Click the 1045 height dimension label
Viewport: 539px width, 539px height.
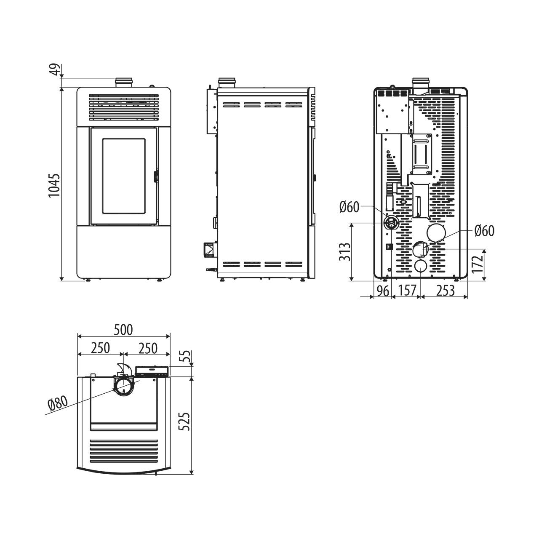click(x=54, y=185)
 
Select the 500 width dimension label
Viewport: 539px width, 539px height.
click(x=123, y=330)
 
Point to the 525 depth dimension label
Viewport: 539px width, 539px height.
click(x=184, y=421)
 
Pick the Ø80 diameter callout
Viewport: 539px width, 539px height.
click(x=58, y=404)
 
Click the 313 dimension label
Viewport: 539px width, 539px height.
click(x=344, y=252)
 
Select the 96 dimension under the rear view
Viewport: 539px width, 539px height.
click(x=383, y=291)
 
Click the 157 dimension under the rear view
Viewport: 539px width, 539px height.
click(x=407, y=290)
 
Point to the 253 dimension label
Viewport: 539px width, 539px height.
click(x=445, y=290)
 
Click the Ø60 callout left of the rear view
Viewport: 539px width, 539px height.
click(x=349, y=207)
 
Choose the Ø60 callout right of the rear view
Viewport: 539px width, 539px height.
click(x=484, y=231)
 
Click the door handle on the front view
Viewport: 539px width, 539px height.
click(x=155, y=176)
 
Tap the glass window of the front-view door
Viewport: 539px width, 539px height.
click(x=124, y=176)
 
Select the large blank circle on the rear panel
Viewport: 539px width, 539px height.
click(x=436, y=232)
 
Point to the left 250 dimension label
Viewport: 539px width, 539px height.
click(x=100, y=348)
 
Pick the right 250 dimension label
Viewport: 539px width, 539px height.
click(x=148, y=348)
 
